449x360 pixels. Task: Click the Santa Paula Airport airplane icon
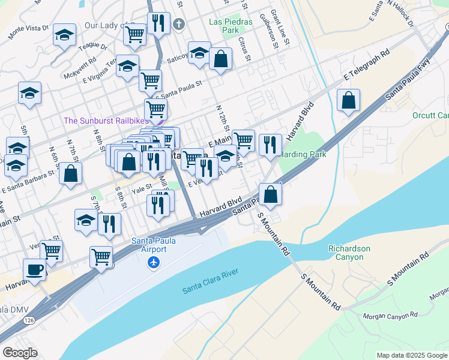[x=154, y=262]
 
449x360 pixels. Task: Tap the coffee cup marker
[x=34, y=269]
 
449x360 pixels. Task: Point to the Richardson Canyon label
[x=349, y=253]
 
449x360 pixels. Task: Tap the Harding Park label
[x=304, y=154]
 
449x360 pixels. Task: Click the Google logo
[x=20, y=353]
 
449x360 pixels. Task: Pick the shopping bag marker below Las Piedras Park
[x=220, y=59]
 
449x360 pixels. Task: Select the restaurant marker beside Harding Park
[x=271, y=144]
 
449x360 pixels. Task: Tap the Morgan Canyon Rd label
[x=390, y=316]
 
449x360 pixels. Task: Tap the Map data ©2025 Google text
[x=411, y=355]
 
